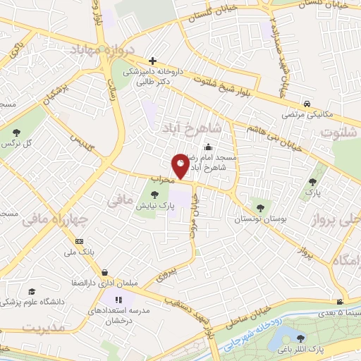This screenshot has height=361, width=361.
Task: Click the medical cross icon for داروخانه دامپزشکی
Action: pyautogui.click(x=152, y=61)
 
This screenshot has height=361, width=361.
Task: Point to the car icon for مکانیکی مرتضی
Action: pyautogui.click(x=307, y=102)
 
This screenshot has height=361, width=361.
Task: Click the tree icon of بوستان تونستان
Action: pyautogui.click(x=261, y=207)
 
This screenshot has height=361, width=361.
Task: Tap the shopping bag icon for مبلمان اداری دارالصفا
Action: pyautogui.click(x=104, y=272)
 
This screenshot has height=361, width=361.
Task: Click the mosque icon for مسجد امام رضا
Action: pyautogui.click(x=209, y=148)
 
